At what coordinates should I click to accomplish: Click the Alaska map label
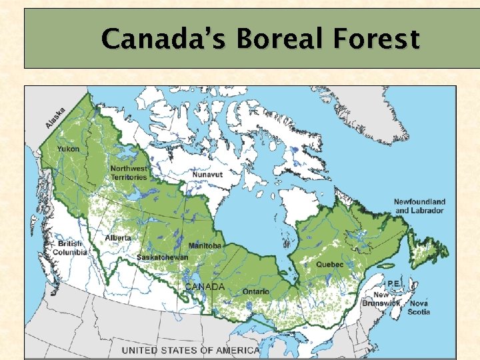click(55, 118)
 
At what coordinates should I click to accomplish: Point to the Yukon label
click(67, 149)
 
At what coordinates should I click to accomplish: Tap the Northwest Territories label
click(129, 173)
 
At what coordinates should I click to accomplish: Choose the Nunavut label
click(207, 174)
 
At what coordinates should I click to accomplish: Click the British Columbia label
click(70, 248)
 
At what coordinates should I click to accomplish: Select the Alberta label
click(117, 238)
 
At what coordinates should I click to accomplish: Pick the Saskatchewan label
click(162, 257)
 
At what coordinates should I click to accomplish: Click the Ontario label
click(256, 291)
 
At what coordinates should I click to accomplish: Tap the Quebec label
click(330, 265)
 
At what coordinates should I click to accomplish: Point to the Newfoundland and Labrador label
click(419, 206)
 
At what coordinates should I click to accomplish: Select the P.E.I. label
click(394, 283)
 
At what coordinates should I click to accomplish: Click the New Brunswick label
click(381, 299)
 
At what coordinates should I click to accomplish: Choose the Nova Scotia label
click(419, 307)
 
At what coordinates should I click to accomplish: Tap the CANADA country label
click(205, 287)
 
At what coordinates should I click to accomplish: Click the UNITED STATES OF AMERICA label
click(191, 351)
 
